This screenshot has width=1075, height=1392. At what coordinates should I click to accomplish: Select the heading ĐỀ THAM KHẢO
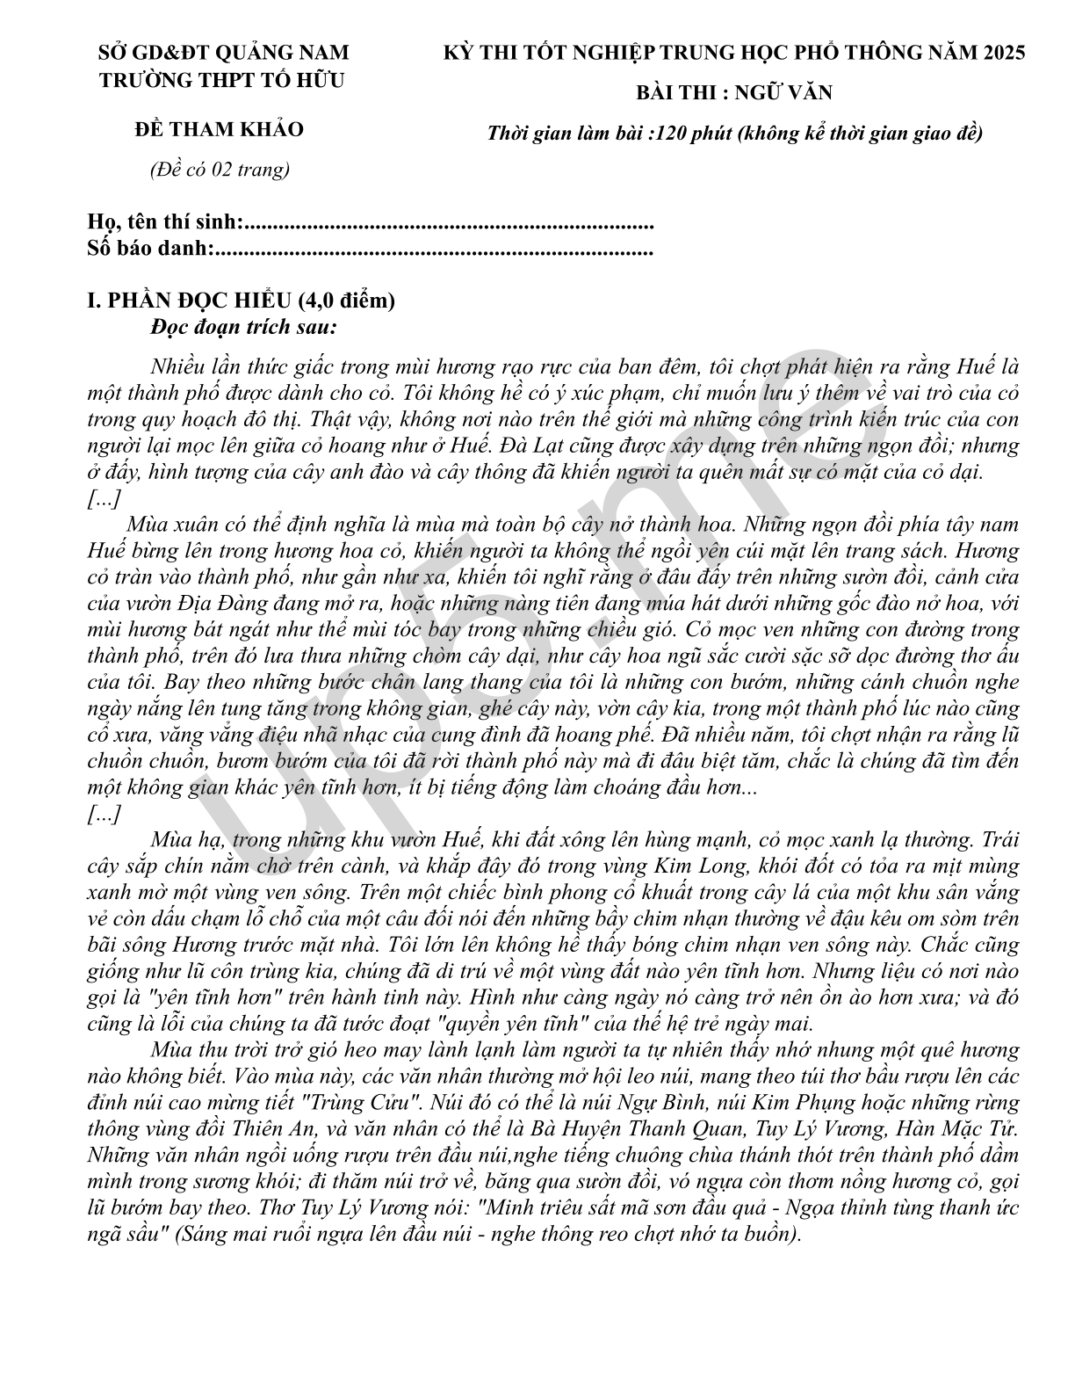219,129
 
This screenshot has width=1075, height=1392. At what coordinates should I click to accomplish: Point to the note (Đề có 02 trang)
219,170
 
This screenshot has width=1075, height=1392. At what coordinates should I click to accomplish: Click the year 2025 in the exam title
999,53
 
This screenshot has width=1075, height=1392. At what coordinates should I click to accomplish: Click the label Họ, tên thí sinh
164,222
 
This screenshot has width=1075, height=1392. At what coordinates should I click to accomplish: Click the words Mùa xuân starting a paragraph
171,525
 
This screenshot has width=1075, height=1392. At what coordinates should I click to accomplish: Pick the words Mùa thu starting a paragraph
188,1049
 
